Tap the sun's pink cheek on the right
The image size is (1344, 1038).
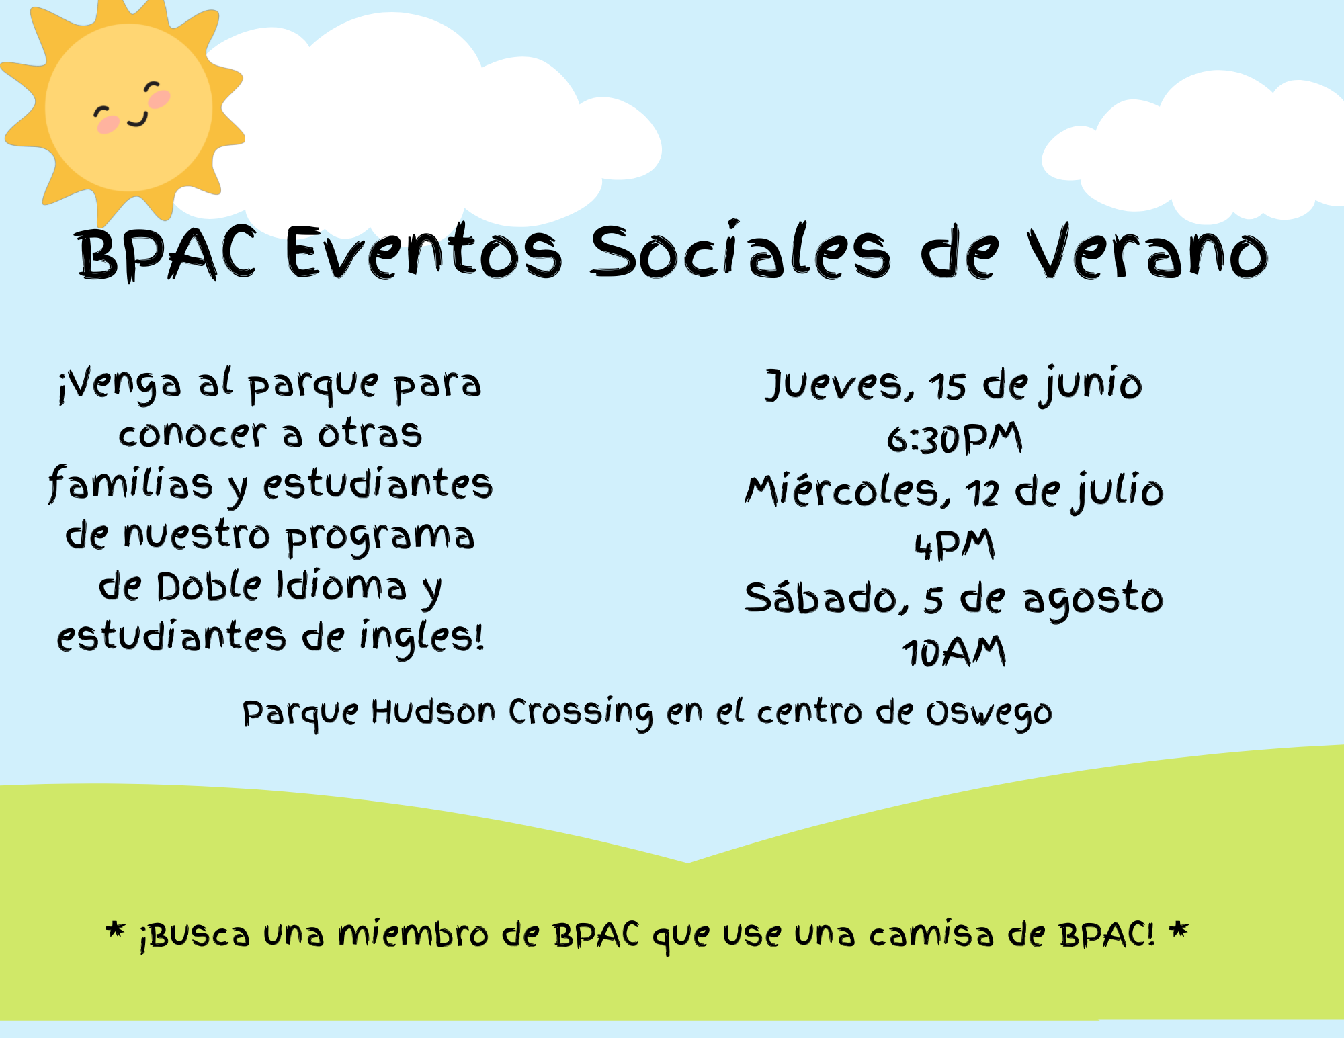[x=159, y=99]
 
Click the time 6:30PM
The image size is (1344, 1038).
[x=954, y=439]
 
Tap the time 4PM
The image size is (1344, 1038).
[x=954, y=545]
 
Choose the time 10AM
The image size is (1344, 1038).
[x=954, y=652]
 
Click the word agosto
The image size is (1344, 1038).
[x=1093, y=599]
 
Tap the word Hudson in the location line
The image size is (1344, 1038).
[x=433, y=711]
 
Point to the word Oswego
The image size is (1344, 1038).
[x=989, y=714]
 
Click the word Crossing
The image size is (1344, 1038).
[x=580, y=713]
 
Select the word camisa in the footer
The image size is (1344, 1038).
[x=931, y=934]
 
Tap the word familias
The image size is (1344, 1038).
[x=130, y=483]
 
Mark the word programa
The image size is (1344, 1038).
[x=380, y=537]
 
